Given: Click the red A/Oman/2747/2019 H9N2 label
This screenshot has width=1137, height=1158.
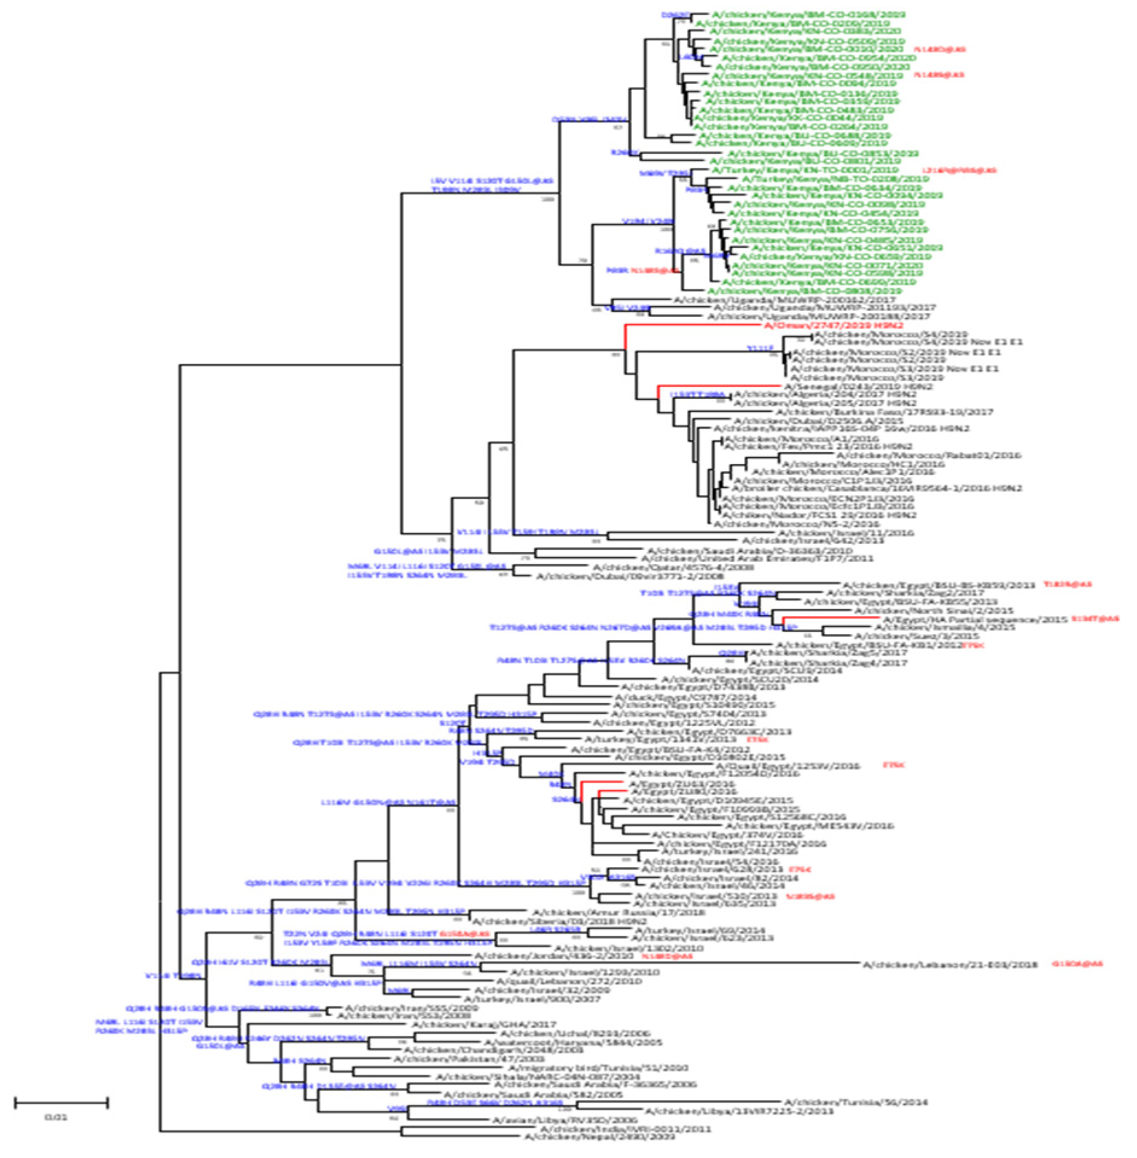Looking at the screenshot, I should click(833, 325).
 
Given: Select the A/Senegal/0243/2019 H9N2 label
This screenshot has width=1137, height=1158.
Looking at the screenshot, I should click(858, 386).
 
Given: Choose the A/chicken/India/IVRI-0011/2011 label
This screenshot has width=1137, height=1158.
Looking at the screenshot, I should click(625, 1128).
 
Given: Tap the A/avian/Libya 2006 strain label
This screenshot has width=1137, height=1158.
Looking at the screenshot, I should click(564, 1120).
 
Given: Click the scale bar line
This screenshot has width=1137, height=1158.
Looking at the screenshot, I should click(61, 1103).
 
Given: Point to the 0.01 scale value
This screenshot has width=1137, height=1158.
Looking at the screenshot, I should click(56, 1117).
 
